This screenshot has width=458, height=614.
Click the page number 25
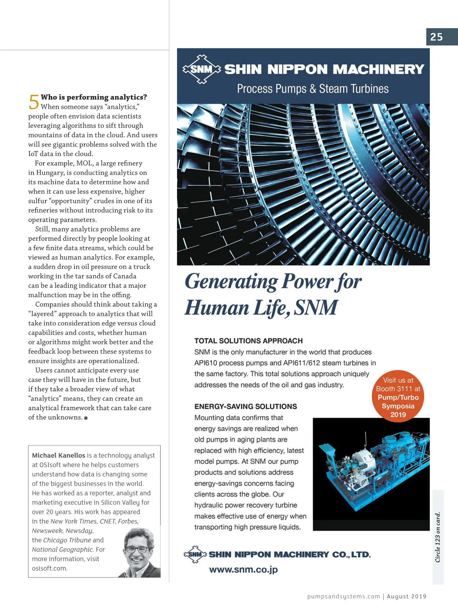[436, 37]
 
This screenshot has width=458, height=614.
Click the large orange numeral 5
[34, 102]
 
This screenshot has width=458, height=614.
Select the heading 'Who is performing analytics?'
[94, 97]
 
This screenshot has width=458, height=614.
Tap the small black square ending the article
[86, 418]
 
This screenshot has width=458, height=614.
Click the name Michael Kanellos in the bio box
[58, 455]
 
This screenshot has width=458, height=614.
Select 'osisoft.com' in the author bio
[50, 568]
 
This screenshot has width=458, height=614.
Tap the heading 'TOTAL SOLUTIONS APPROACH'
[248, 341]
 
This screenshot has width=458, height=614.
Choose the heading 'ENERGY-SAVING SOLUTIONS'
[245, 406]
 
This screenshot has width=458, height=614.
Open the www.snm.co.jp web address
[243, 570]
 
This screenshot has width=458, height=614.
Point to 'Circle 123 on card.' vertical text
[438, 537]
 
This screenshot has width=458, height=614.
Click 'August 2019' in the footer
[406, 596]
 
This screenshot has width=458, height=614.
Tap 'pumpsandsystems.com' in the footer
[343, 596]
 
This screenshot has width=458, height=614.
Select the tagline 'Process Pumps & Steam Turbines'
[313, 89]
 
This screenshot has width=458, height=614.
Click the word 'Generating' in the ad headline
[231, 282]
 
